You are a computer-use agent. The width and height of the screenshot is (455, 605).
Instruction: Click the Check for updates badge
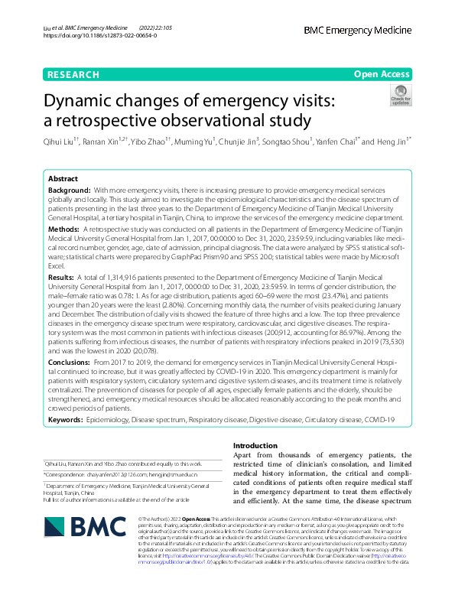[x=400, y=96]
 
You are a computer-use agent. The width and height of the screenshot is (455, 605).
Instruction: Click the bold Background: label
[x=70, y=188]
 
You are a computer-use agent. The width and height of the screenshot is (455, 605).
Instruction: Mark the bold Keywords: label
[x=67, y=420]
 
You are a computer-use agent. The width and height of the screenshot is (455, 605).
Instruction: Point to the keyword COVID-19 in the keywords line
[x=378, y=420]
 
